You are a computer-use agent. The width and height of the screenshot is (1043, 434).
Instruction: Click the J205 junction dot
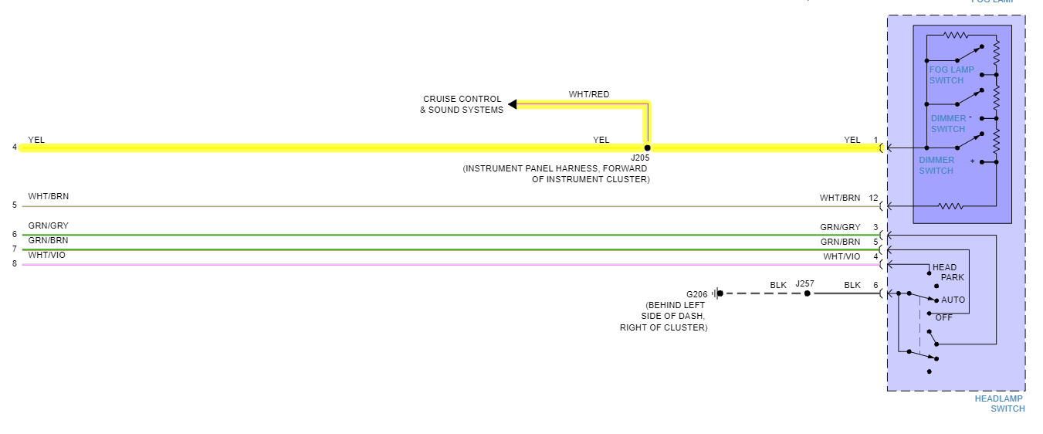(x=647, y=147)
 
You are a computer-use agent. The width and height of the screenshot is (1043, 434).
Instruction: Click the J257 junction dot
(x=808, y=293)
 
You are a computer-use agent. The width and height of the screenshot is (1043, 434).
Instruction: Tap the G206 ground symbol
(x=718, y=293)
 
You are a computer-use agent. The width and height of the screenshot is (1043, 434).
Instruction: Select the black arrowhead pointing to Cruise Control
(x=513, y=104)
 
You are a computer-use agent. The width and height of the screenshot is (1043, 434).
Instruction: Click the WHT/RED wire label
(x=589, y=94)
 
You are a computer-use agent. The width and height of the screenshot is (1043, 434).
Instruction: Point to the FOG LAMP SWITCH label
(x=951, y=75)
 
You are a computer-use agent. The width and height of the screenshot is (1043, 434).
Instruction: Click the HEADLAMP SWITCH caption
(x=1000, y=403)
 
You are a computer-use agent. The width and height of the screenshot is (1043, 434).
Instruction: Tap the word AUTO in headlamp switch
(x=953, y=300)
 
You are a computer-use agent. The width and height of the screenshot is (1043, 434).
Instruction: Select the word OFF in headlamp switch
(x=943, y=317)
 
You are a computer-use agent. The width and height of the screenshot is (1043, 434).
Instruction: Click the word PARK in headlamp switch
(x=952, y=277)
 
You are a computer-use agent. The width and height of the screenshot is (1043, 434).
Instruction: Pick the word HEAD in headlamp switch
(x=944, y=267)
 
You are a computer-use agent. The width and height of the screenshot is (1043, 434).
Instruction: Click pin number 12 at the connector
(x=873, y=198)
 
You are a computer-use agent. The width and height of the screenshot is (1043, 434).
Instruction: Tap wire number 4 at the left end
(x=15, y=147)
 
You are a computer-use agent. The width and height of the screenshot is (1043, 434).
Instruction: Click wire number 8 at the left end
(x=15, y=263)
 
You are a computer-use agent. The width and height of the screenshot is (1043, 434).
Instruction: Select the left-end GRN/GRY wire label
(x=48, y=225)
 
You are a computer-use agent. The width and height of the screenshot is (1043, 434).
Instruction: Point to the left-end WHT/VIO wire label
(x=46, y=255)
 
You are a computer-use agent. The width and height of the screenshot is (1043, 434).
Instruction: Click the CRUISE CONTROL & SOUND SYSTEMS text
(x=462, y=104)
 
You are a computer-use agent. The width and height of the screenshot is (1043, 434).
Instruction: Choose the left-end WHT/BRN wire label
(x=48, y=196)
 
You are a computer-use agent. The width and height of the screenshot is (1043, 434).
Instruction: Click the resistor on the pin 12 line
(x=950, y=206)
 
